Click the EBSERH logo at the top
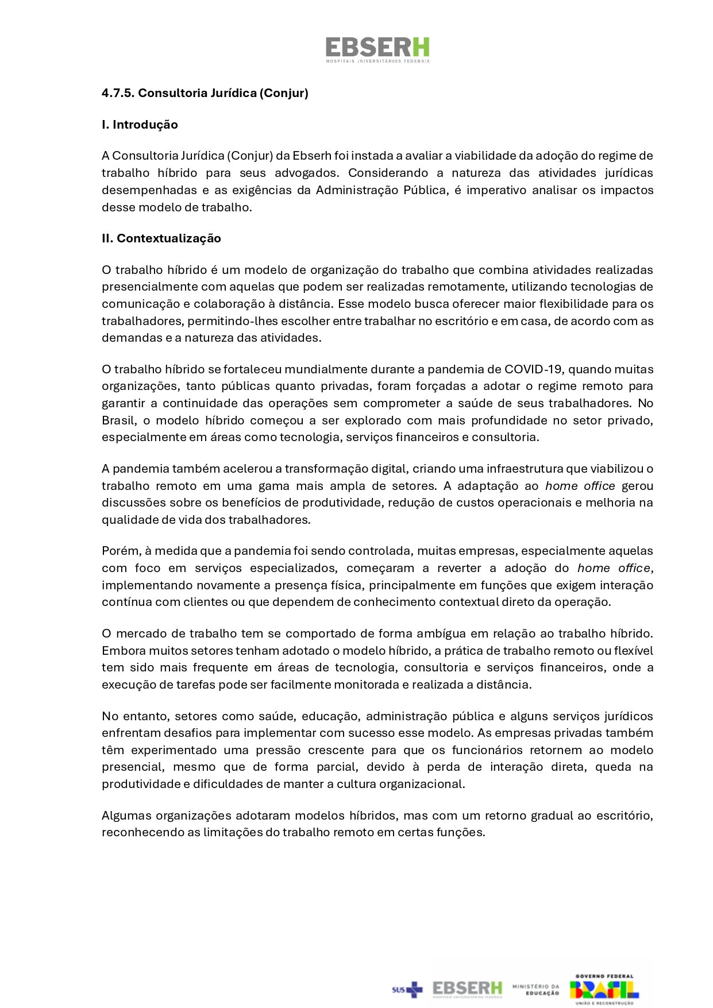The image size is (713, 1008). pos(377,49)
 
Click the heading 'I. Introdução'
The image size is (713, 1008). pos(140,125)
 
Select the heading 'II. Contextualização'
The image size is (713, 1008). pos(161,238)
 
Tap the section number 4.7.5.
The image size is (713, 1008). pos(117,93)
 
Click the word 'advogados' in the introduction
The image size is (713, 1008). pos(305,173)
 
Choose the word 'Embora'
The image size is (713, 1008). pos(123,651)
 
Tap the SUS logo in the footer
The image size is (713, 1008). pos(407,989)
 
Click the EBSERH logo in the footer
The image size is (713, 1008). pos(467,989)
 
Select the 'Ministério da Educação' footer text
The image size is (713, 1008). pos(535,989)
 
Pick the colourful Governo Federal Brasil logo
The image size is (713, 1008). pos(604,989)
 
